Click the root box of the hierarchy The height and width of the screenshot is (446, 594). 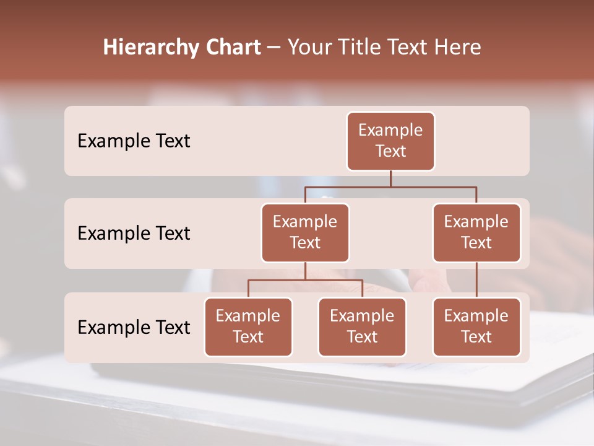coord(390,141)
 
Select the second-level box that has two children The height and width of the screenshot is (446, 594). coord(305,233)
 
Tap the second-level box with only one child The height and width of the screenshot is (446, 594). coord(476,233)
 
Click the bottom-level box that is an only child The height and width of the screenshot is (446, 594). coord(476,327)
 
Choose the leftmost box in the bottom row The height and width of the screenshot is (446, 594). coord(248,327)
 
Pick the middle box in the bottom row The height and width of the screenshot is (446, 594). coord(362,327)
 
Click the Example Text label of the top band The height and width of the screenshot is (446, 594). coord(134,141)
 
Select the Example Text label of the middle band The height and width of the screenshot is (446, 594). coord(134,234)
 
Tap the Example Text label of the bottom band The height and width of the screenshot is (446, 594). coord(134,327)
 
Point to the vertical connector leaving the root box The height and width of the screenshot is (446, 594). coord(390,178)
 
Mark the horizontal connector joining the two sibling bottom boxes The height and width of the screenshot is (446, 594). coord(305,280)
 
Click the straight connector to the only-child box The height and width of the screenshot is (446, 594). coord(476,280)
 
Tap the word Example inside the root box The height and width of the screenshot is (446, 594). coord(390,131)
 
